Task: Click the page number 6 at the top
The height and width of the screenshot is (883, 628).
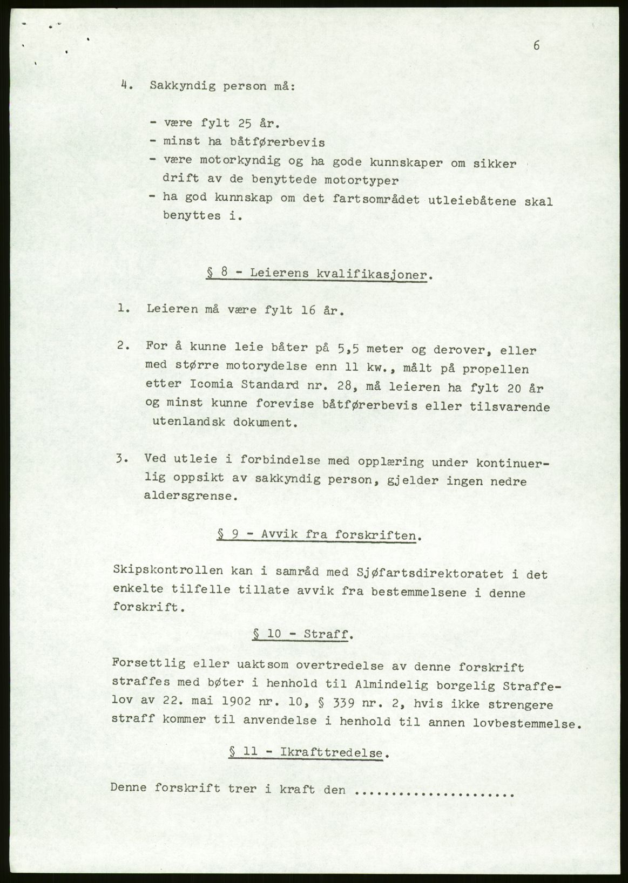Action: pyautogui.click(x=536, y=46)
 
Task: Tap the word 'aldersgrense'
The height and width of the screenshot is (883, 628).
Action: pyautogui.click(x=192, y=496)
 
